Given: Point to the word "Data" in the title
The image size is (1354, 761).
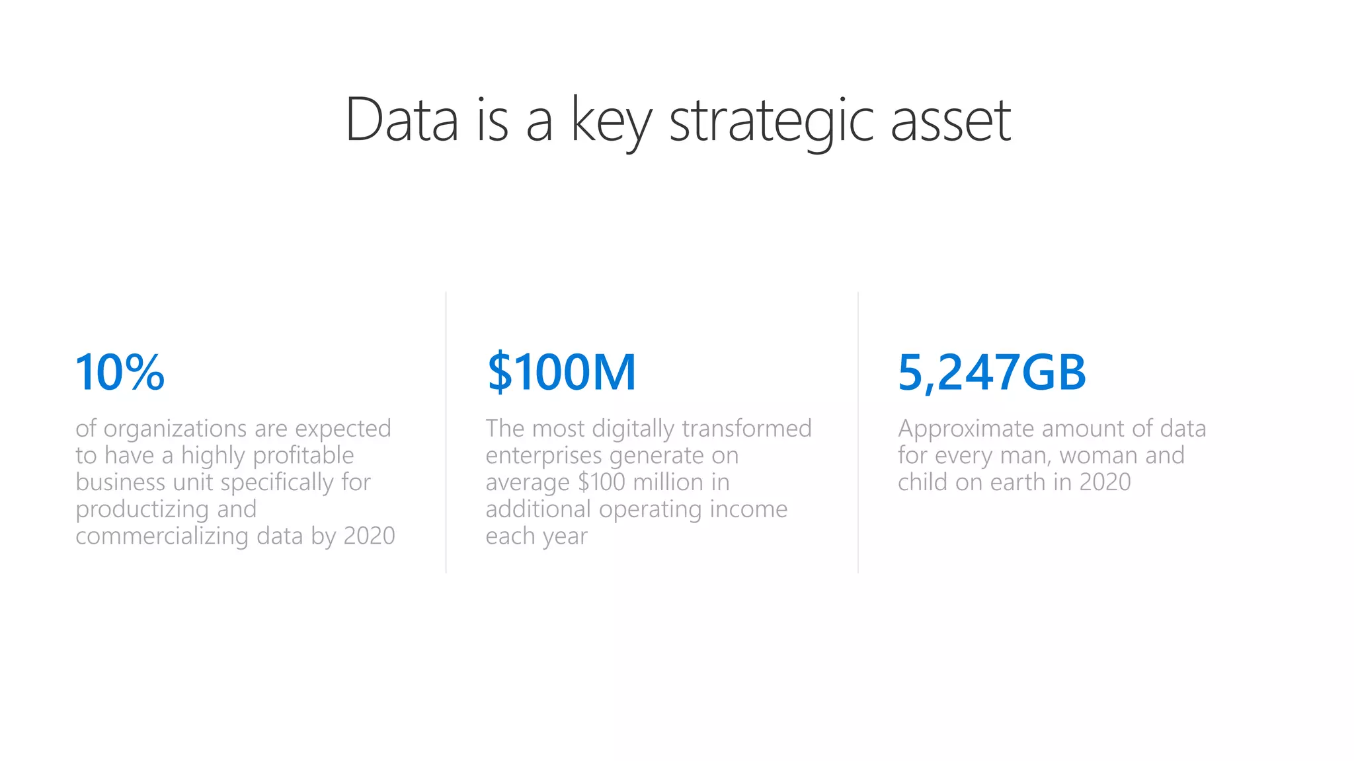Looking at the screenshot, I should [401, 121].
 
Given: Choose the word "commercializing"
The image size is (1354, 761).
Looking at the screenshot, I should [162, 536].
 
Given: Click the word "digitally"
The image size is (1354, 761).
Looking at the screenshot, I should [633, 429].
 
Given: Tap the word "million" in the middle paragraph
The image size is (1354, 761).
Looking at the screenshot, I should [668, 482].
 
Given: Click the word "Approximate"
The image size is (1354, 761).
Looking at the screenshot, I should [966, 429].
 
